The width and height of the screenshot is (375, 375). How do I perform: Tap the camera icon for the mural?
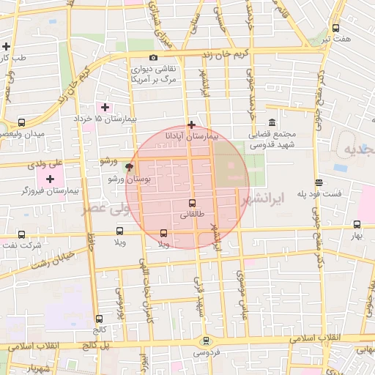[153, 58]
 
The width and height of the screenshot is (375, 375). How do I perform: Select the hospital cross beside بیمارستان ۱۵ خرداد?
[105, 107]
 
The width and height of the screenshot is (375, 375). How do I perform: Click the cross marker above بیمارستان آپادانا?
[192, 125]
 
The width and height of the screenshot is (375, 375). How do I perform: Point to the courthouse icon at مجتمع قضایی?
[272, 122]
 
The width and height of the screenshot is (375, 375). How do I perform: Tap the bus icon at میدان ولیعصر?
[21, 123]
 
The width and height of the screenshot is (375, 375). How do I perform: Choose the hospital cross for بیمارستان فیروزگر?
[50, 179]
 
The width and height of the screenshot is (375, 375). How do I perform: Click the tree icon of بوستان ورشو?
[130, 167]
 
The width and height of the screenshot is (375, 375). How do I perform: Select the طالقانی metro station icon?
[193, 203]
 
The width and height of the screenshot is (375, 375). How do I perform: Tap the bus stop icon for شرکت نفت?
[21, 235]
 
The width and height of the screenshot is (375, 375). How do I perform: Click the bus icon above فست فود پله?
[318, 182]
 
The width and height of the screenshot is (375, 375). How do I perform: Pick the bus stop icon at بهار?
[357, 225]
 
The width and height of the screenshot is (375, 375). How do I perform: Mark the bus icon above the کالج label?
[99, 319]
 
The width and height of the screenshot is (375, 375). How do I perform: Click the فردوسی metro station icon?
[206, 340]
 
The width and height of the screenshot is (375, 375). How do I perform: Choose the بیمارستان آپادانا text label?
[192, 136]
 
